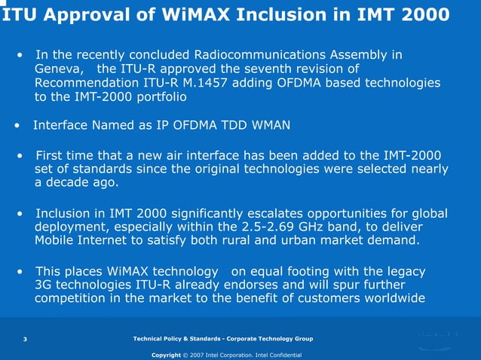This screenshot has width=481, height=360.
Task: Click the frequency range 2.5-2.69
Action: coord(281,227)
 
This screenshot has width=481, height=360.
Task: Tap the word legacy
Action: coord(404,270)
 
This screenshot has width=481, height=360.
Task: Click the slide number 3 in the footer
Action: coord(25,340)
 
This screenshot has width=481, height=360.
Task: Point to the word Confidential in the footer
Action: coord(283,355)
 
